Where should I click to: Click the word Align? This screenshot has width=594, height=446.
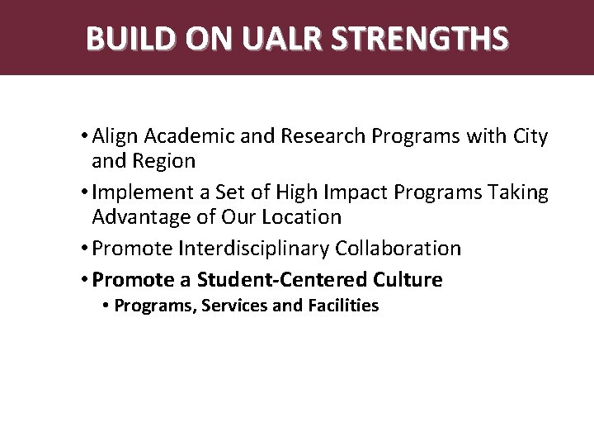pyautogui.click(x=116, y=136)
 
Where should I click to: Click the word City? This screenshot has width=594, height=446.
pyautogui.click(x=530, y=136)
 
